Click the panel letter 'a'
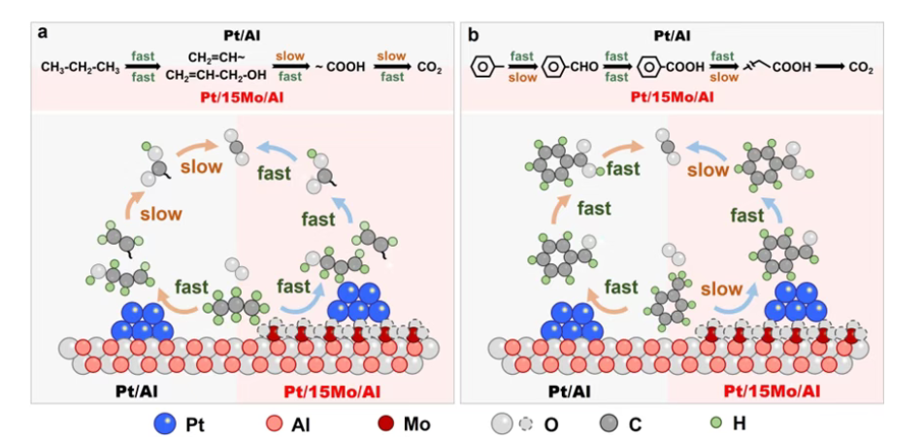(x=43, y=33)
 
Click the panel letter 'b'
(x=473, y=33)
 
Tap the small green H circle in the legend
(x=718, y=423)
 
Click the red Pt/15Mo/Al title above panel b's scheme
(x=672, y=96)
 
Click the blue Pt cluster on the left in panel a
(x=143, y=320)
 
